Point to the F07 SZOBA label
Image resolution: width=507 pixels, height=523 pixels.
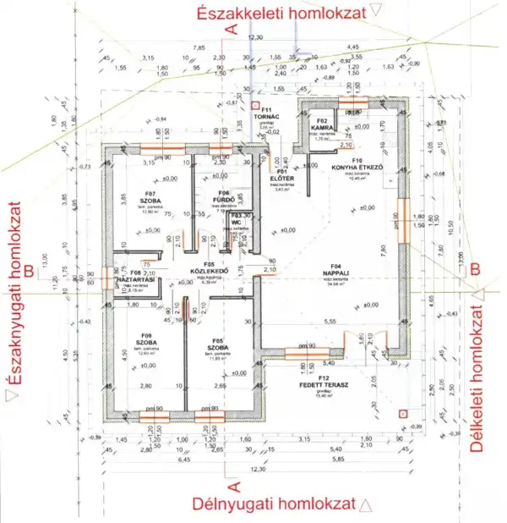[x=139, y=199]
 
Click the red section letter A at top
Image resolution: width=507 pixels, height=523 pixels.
[x=226, y=27]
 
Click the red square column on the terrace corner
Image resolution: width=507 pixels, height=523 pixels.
[x=403, y=413]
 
